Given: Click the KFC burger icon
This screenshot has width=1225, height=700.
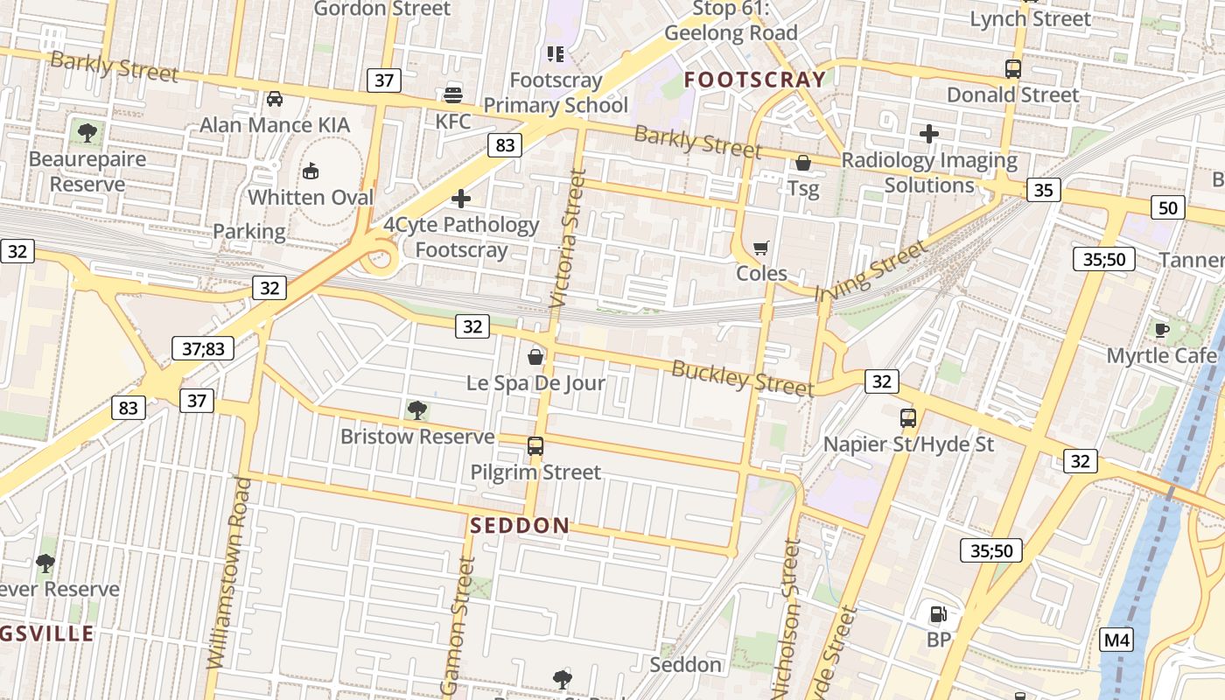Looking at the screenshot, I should pyautogui.click(x=453, y=94).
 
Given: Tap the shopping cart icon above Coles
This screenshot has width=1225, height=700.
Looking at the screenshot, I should pyautogui.click(x=761, y=248).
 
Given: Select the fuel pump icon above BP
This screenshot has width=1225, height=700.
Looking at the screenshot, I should pyautogui.click(x=938, y=614).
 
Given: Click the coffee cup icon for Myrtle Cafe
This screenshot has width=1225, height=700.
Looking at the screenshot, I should pyautogui.click(x=1162, y=330).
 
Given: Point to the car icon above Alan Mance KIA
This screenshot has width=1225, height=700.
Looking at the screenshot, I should pyautogui.click(x=275, y=99).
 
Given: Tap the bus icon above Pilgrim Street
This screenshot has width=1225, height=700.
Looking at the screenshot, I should pyautogui.click(x=535, y=446).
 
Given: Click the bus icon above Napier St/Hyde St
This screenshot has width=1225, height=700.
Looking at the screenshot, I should pyautogui.click(x=908, y=418).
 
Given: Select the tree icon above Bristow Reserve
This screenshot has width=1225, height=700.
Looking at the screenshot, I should pyautogui.click(x=417, y=409).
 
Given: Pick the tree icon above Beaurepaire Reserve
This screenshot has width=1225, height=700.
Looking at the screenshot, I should pyautogui.click(x=87, y=133).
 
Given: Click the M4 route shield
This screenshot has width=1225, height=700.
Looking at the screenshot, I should pyautogui.click(x=1116, y=640).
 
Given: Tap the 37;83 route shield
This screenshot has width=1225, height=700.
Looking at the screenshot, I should pyautogui.click(x=203, y=348).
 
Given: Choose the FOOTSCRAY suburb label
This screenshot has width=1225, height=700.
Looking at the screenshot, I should pyautogui.click(x=754, y=80).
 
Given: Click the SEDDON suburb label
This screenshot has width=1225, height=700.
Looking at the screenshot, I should pyautogui.click(x=520, y=526).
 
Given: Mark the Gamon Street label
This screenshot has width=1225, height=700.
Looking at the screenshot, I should pyautogui.click(x=459, y=626).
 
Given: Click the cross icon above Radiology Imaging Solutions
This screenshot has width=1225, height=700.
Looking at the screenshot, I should pyautogui.click(x=929, y=134).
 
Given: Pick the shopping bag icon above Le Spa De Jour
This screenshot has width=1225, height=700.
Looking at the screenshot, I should pyautogui.click(x=535, y=357).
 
